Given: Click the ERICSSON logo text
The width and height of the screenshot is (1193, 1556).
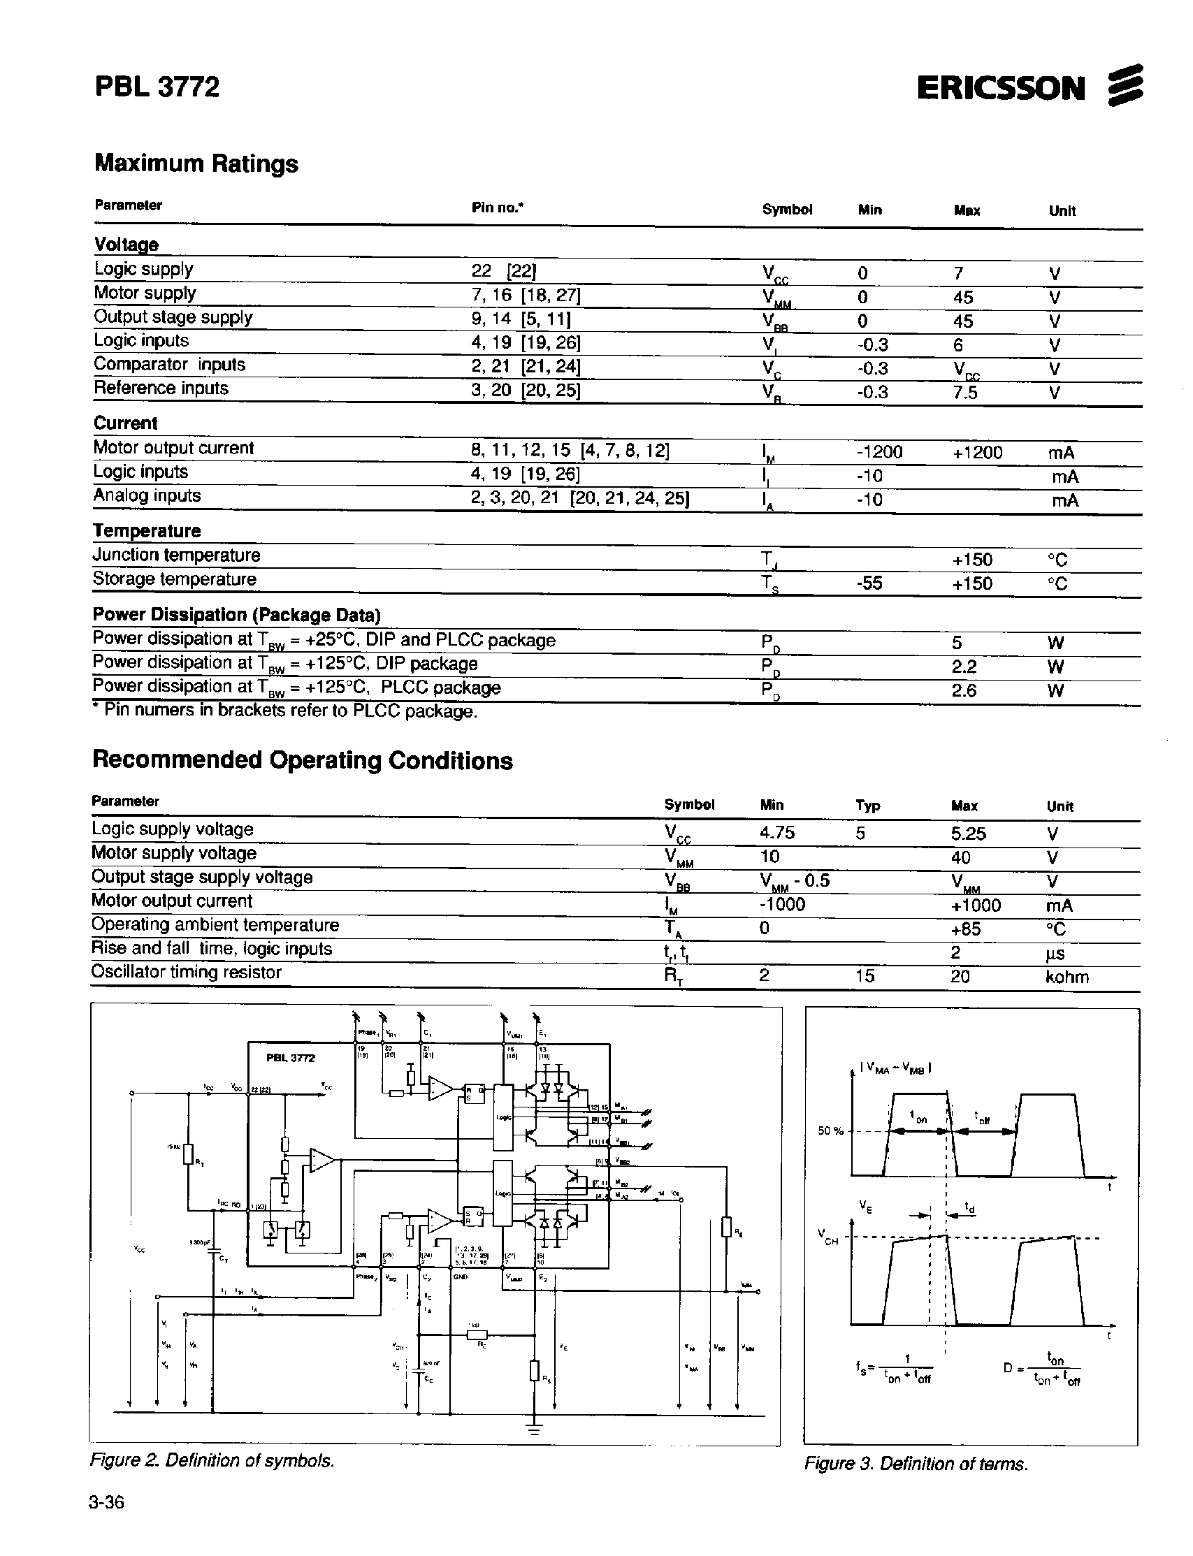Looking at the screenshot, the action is pyautogui.click(x=1001, y=88).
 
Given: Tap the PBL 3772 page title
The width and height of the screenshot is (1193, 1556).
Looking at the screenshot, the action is pyautogui.click(x=157, y=87).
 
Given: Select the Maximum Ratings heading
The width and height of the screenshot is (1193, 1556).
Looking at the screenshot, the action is pyautogui.click(x=196, y=163).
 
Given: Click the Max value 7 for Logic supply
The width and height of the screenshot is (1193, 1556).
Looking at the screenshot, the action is pyautogui.click(x=959, y=273).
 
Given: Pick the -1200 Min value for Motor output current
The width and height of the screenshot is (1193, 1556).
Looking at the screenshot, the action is pyautogui.click(x=879, y=453).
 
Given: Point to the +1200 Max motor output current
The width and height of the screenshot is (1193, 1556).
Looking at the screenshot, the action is pyautogui.click(x=977, y=453).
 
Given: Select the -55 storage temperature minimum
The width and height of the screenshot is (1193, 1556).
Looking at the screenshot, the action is pyautogui.click(x=869, y=583).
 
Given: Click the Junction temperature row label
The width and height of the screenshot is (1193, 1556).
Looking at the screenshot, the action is pyautogui.click(x=176, y=555).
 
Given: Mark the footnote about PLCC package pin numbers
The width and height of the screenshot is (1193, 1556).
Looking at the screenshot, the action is pyautogui.click(x=284, y=711).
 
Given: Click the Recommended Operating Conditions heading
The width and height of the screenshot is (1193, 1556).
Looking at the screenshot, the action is pyautogui.click(x=303, y=760).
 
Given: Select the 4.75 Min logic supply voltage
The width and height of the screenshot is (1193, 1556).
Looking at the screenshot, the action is pyautogui.click(x=777, y=833).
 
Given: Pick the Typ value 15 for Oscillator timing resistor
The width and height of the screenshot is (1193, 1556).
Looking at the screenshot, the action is pyautogui.click(x=865, y=976).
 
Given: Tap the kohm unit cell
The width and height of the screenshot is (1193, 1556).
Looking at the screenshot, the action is pyautogui.click(x=1067, y=977).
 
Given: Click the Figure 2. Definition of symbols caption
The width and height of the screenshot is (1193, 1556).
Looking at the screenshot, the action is pyautogui.click(x=212, y=1460).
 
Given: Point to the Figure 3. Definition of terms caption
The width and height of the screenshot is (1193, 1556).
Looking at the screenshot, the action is pyautogui.click(x=916, y=1464).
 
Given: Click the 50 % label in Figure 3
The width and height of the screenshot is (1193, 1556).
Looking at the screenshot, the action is pyautogui.click(x=830, y=1130).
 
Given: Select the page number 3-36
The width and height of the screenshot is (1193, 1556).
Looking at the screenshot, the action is pyautogui.click(x=106, y=1503).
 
